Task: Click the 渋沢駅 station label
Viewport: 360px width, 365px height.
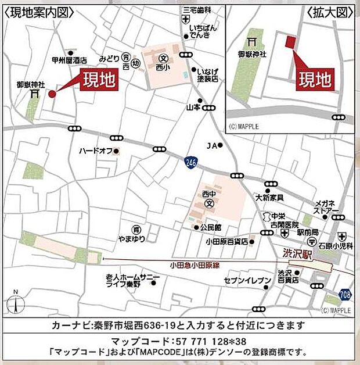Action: point(298,253)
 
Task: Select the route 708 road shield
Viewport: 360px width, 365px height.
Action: point(345,294)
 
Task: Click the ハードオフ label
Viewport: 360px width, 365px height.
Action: point(96,151)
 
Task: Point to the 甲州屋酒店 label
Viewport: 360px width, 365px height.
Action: point(69,60)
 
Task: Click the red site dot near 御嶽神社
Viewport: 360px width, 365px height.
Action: point(52,94)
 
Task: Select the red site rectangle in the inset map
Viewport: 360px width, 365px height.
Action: point(291,41)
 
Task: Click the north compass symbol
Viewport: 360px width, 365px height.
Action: point(16,302)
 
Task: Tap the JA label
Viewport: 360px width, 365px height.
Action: point(212,145)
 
